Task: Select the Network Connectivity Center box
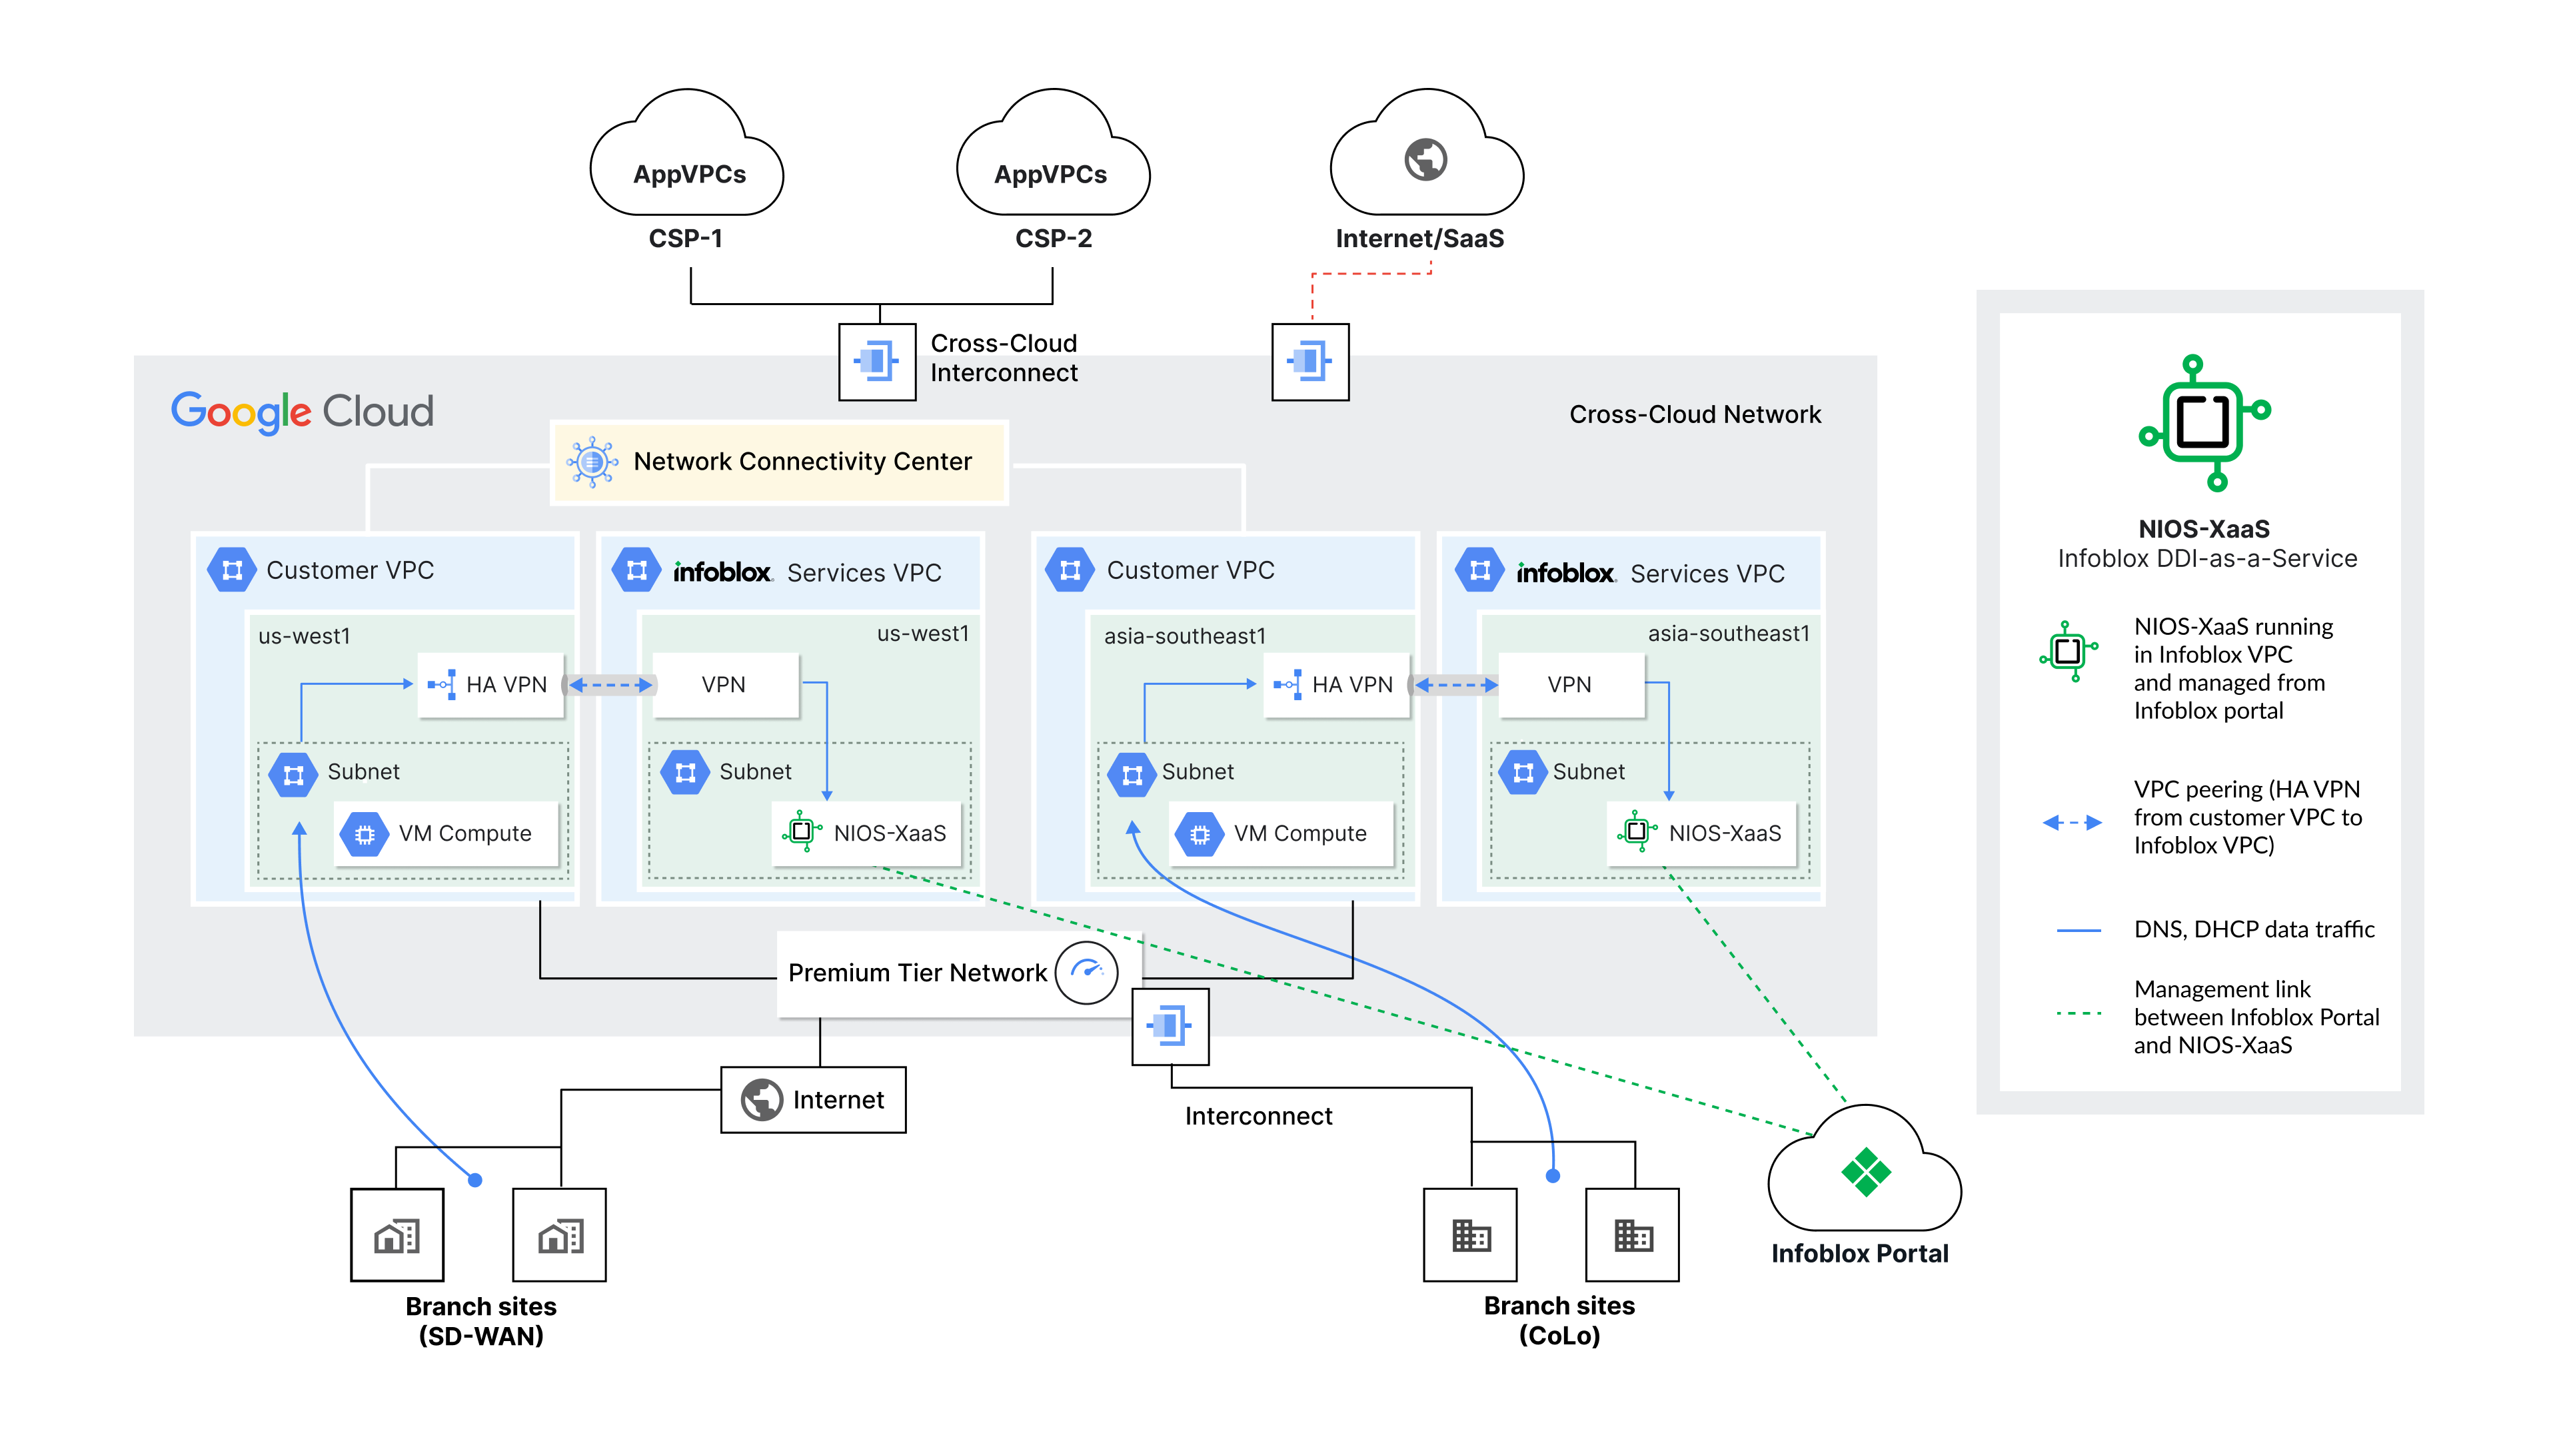[x=779, y=462]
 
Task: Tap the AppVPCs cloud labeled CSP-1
[x=688, y=159]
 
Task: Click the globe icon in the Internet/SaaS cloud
[x=1425, y=159]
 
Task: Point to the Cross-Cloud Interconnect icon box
[x=876, y=362]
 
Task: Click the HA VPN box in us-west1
[x=490, y=684]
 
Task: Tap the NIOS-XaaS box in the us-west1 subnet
[x=867, y=833]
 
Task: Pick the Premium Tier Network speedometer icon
[x=1087, y=971]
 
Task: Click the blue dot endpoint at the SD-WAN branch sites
[x=475, y=1180]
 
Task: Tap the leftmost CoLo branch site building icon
[x=1470, y=1235]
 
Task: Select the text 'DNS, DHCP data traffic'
[x=2254, y=929]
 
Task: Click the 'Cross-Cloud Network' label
[x=1695, y=414]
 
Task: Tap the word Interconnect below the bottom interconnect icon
[x=1258, y=1117]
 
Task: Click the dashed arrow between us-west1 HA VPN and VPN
[x=610, y=686]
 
